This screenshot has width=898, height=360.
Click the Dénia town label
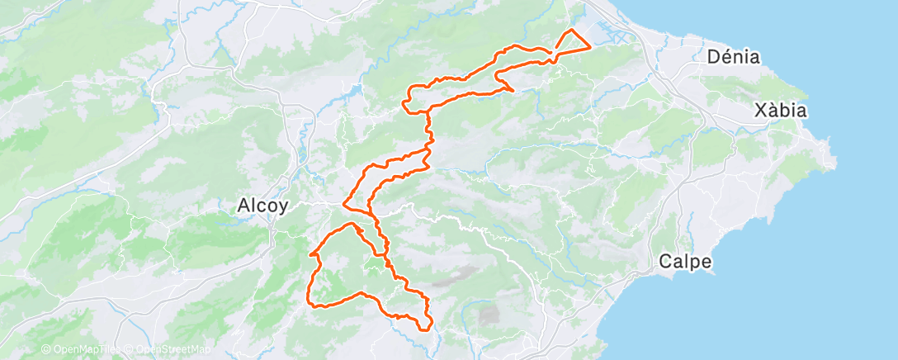pyautogui.click(x=734, y=57)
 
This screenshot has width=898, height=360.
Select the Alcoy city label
pyautogui.click(x=262, y=206)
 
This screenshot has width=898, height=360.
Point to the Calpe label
pyautogui.click(x=685, y=262)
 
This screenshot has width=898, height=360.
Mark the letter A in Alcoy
pyautogui.click(x=243, y=206)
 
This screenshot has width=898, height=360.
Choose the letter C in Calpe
pyautogui.click(x=666, y=262)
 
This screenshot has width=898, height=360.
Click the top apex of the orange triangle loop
pyautogui.click(x=571, y=30)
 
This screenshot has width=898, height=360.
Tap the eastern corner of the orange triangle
pyautogui.click(x=589, y=47)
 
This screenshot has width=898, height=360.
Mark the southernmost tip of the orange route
pyautogui.click(x=423, y=329)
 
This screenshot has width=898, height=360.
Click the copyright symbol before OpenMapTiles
pyautogui.click(x=45, y=350)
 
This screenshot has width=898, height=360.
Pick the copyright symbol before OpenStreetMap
pyautogui.click(x=130, y=350)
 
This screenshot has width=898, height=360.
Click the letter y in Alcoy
pyautogui.click(x=282, y=208)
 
